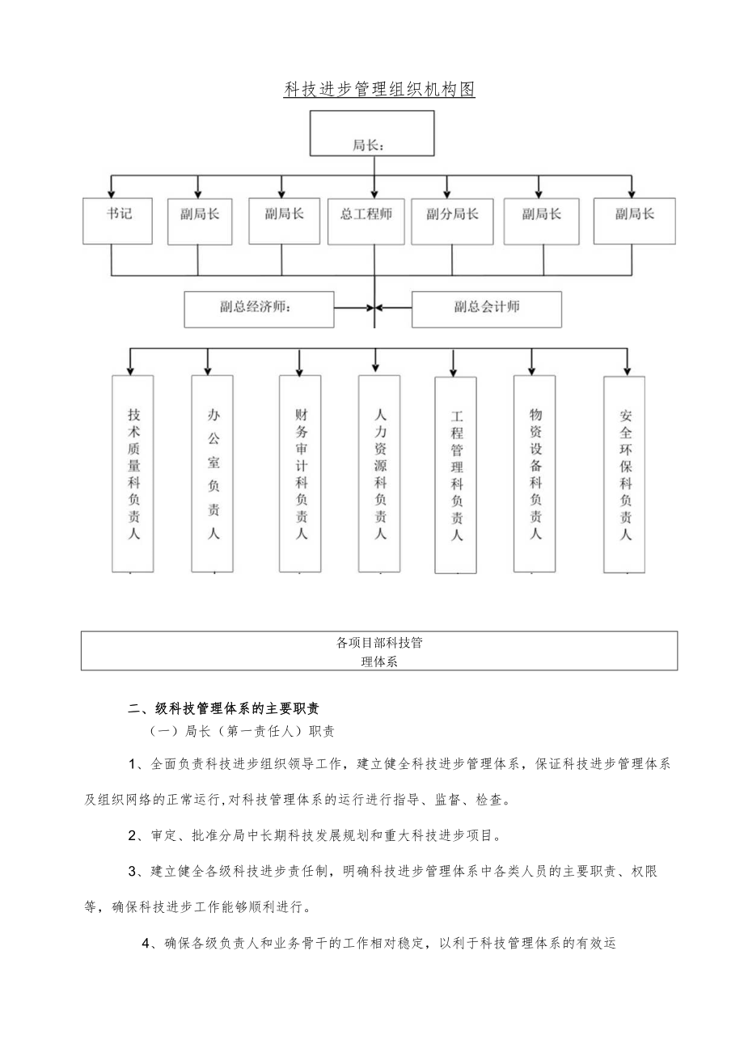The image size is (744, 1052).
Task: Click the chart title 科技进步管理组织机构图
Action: pyautogui.click(x=379, y=90)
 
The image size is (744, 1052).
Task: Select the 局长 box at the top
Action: pyautogui.click(x=372, y=133)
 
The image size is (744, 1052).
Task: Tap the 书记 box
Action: pyautogui.click(x=118, y=219)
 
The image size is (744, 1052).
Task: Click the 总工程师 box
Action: pyautogui.click(x=366, y=221)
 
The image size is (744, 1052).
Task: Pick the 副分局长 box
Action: pyautogui.click(x=452, y=221)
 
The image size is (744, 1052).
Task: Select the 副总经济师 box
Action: pyautogui.click(x=259, y=310)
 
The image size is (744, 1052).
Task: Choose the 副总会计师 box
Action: pyautogui.click(x=486, y=310)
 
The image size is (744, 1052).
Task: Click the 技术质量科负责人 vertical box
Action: pyautogui.click(x=133, y=473)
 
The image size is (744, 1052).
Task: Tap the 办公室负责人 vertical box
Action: pyautogui.click(x=213, y=473)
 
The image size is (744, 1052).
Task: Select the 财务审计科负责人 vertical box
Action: pyautogui.click(x=300, y=473)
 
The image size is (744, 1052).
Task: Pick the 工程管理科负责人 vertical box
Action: pyautogui.click(x=455, y=475)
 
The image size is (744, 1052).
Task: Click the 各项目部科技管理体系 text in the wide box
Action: pyautogui.click(x=379, y=651)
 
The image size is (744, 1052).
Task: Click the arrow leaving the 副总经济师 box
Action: pyautogui.click(x=353, y=307)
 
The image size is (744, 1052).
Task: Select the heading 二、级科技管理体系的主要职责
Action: pyautogui.click(x=224, y=708)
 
